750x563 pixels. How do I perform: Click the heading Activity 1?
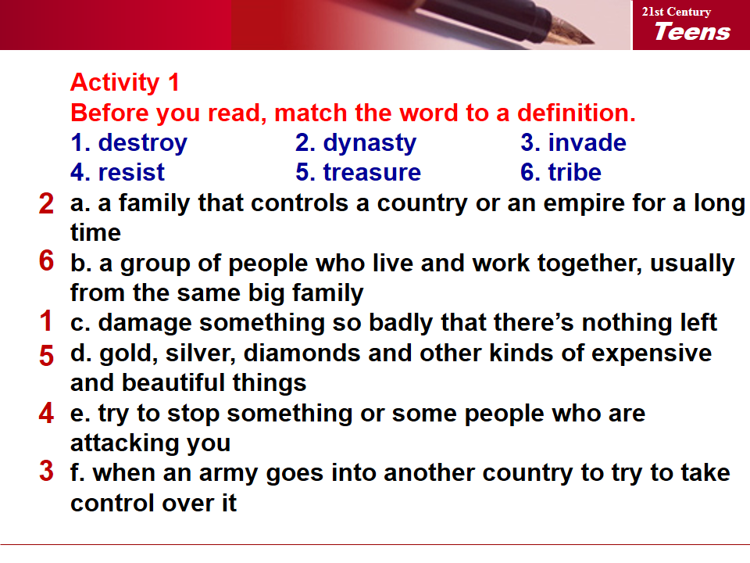click(x=125, y=82)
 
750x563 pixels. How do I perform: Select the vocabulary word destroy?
click(x=142, y=144)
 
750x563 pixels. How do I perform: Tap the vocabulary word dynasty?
click(x=370, y=144)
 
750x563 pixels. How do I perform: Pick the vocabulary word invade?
click(x=587, y=142)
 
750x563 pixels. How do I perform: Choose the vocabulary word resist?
click(x=131, y=172)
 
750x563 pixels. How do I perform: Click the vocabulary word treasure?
click(x=372, y=172)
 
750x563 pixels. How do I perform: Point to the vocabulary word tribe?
click(x=574, y=172)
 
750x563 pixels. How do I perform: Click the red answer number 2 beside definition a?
click(x=46, y=203)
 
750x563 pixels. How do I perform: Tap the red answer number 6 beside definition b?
click(x=46, y=261)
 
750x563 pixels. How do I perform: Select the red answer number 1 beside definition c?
click(x=46, y=321)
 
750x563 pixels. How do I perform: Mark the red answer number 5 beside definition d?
click(x=46, y=357)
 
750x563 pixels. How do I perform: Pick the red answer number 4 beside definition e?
click(x=46, y=413)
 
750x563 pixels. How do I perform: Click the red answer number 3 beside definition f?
click(x=46, y=471)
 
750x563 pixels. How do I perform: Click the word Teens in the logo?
click(x=692, y=31)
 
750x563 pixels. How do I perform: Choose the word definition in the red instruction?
click(x=577, y=113)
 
